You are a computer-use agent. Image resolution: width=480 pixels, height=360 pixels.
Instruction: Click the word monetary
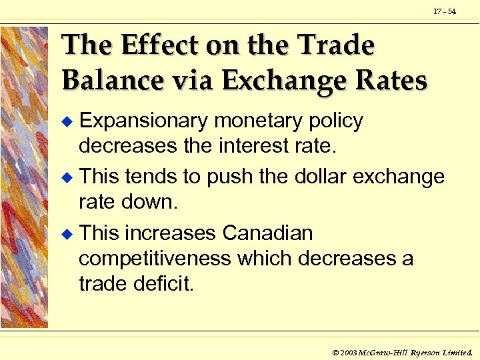(x=256, y=121)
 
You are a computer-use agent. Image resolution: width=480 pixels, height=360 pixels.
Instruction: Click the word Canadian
(x=267, y=233)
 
